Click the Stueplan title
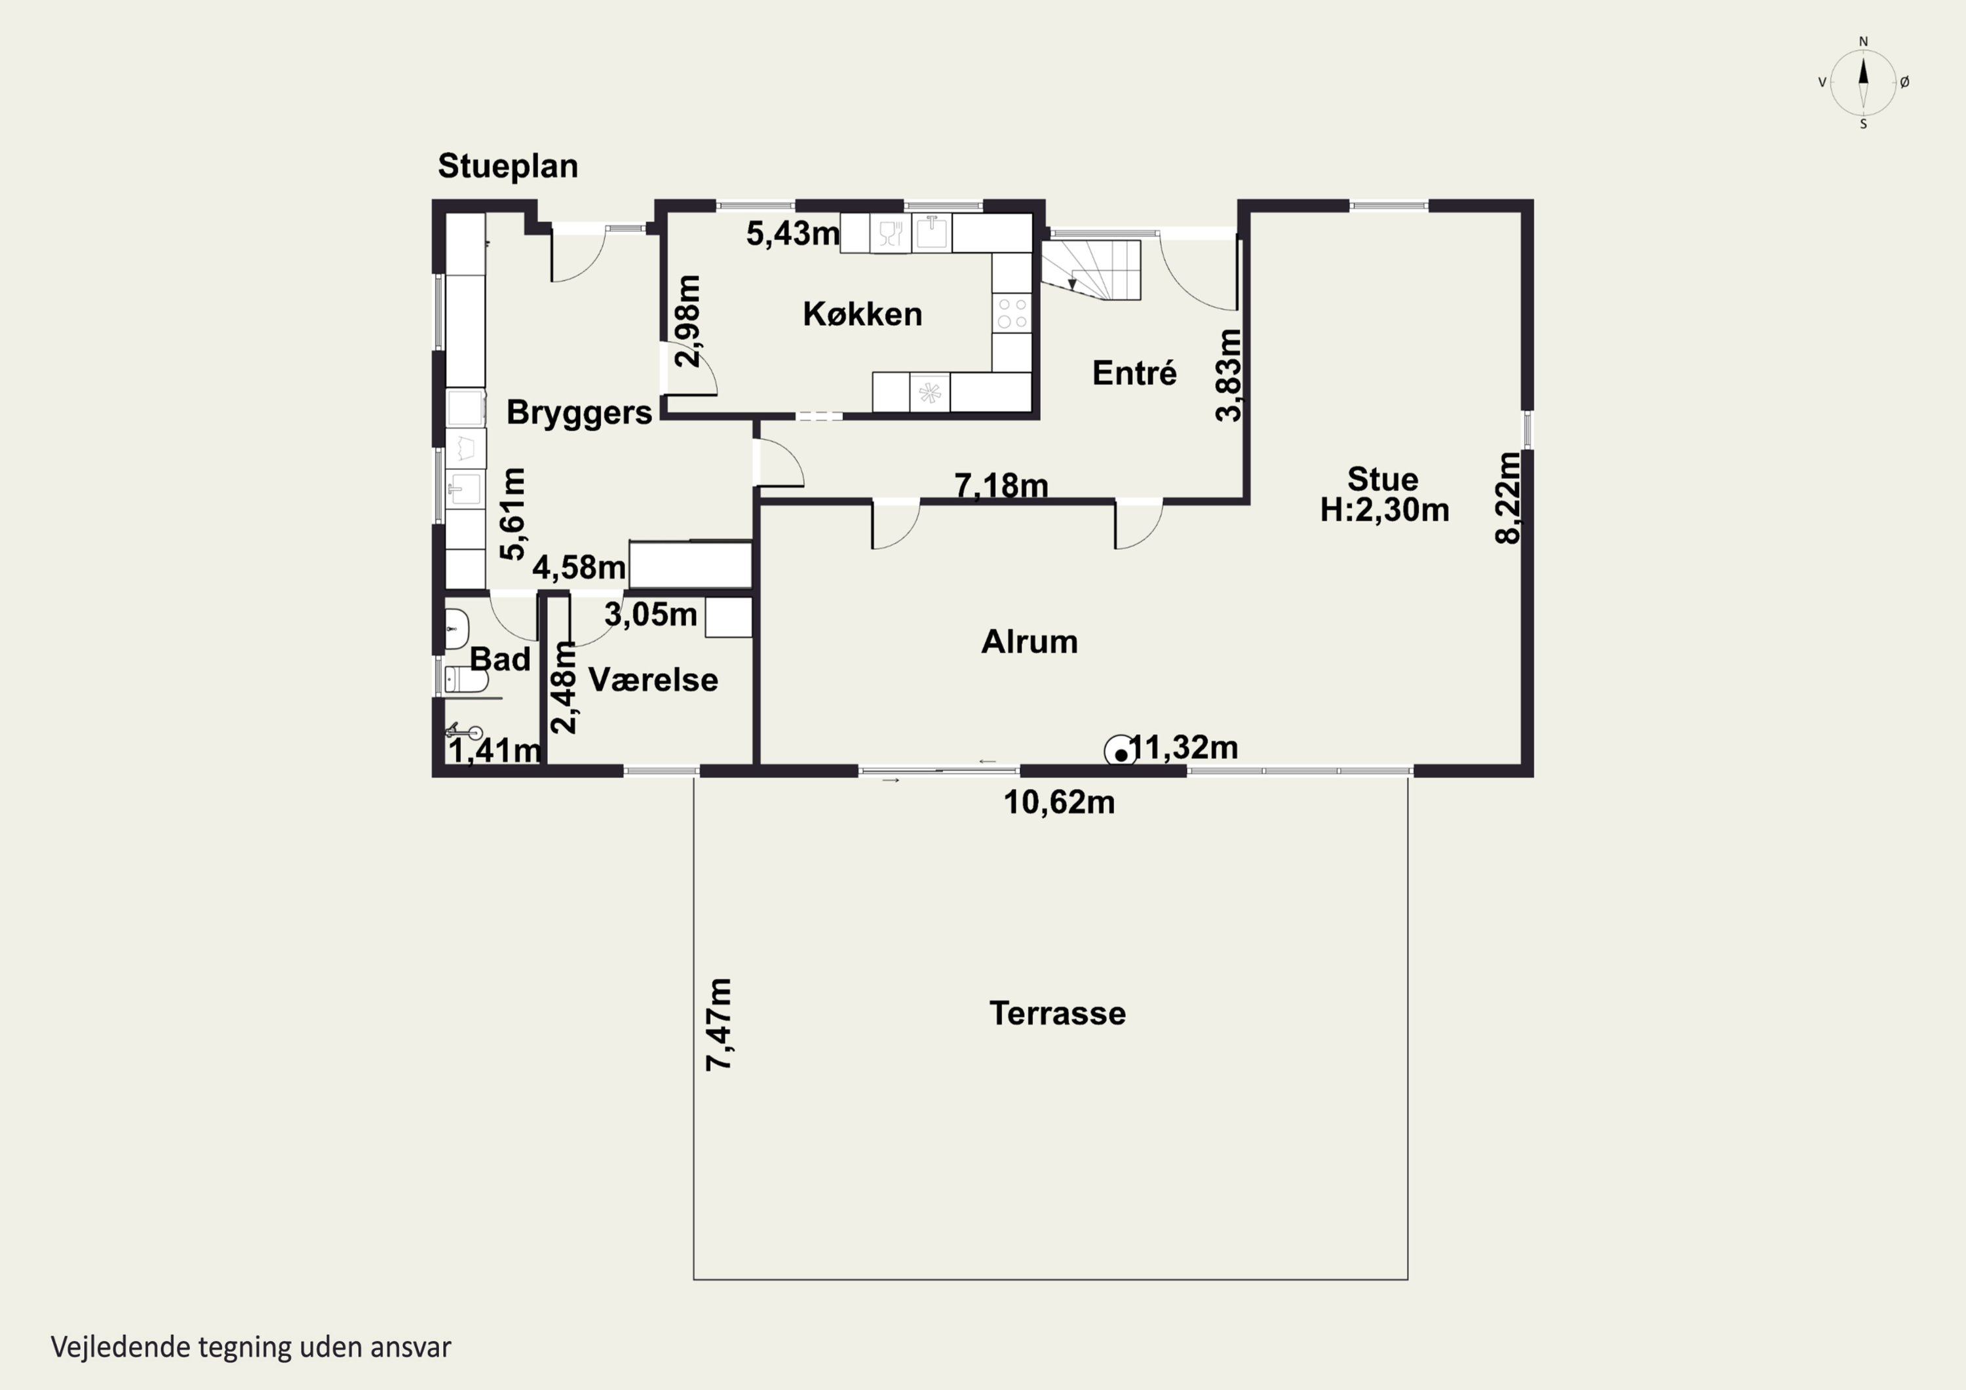[508, 167]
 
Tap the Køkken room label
[862, 315]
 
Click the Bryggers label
[579, 414]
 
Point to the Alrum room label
[1030, 642]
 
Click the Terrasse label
[1058, 1013]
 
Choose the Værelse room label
[653, 680]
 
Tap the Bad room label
[500, 659]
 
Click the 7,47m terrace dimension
[720, 1024]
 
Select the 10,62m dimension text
[1059, 803]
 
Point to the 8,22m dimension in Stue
[1508, 497]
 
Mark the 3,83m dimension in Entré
[1229, 375]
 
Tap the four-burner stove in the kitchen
[1012, 313]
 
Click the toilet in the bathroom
[467, 680]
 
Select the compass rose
[1863, 82]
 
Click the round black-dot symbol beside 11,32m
[1121, 754]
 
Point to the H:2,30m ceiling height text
[1385, 511]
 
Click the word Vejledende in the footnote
[121, 1347]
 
